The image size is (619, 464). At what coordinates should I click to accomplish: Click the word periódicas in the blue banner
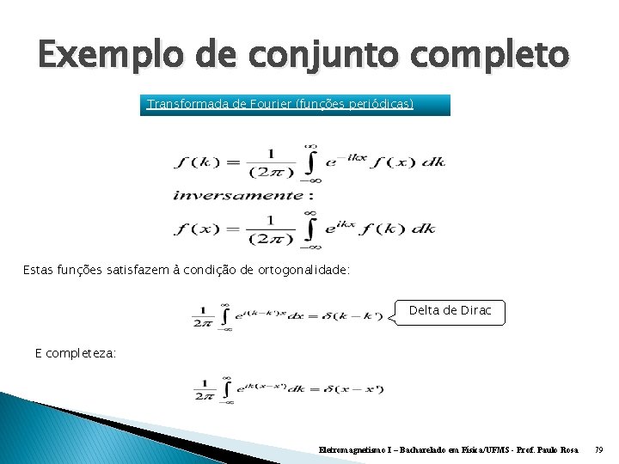(x=374, y=104)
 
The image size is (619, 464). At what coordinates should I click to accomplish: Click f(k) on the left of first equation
(x=197, y=162)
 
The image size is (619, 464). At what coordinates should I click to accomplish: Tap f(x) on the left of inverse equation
(x=197, y=229)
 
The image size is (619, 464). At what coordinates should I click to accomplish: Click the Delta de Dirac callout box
(x=450, y=311)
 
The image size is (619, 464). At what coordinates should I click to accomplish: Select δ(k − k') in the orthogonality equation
(x=346, y=316)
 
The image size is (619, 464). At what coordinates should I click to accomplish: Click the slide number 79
(x=599, y=449)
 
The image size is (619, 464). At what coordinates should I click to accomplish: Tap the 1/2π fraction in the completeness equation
(x=204, y=389)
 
